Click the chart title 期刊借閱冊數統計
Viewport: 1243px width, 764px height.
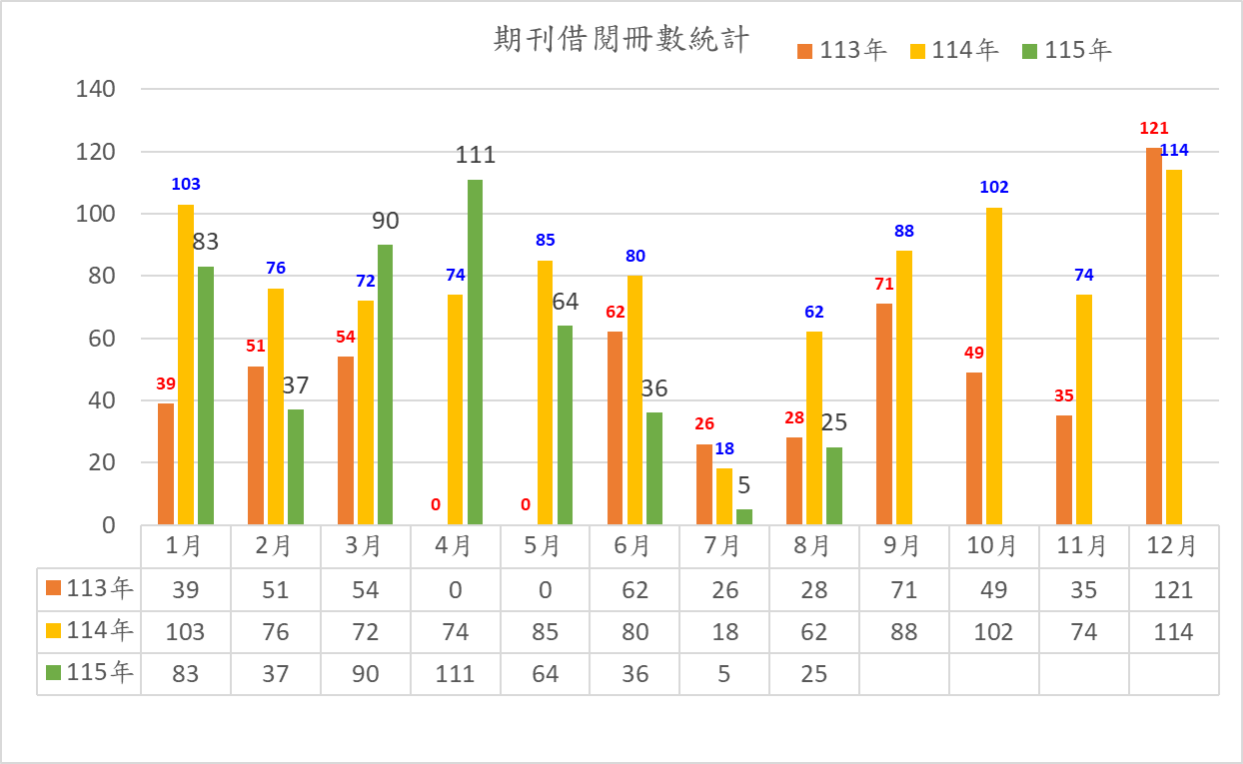point(621,39)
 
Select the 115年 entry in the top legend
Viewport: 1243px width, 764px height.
point(1066,50)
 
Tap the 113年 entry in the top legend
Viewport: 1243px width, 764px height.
point(841,50)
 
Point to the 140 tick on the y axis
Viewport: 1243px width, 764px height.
point(96,89)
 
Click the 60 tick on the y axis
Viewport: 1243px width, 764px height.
point(102,339)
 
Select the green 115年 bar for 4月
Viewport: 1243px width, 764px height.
point(475,352)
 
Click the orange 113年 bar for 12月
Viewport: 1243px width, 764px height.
point(1154,337)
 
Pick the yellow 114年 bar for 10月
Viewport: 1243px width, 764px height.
point(994,367)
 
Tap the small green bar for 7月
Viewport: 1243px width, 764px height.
point(744,516)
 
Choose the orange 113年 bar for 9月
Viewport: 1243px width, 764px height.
point(884,413)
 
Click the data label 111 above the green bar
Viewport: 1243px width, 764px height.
point(475,155)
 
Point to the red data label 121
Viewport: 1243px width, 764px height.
point(1154,128)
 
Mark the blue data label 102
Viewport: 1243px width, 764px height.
point(994,187)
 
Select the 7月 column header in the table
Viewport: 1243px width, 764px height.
point(723,546)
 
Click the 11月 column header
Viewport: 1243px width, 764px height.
point(1083,546)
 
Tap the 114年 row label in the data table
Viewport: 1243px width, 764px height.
point(89,631)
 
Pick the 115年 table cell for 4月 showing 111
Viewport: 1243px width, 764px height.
point(455,674)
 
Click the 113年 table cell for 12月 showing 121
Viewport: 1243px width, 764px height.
point(1174,590)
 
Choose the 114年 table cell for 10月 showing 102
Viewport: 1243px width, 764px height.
point(993,632)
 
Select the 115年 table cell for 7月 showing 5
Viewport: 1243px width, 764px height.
point(723,674)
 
